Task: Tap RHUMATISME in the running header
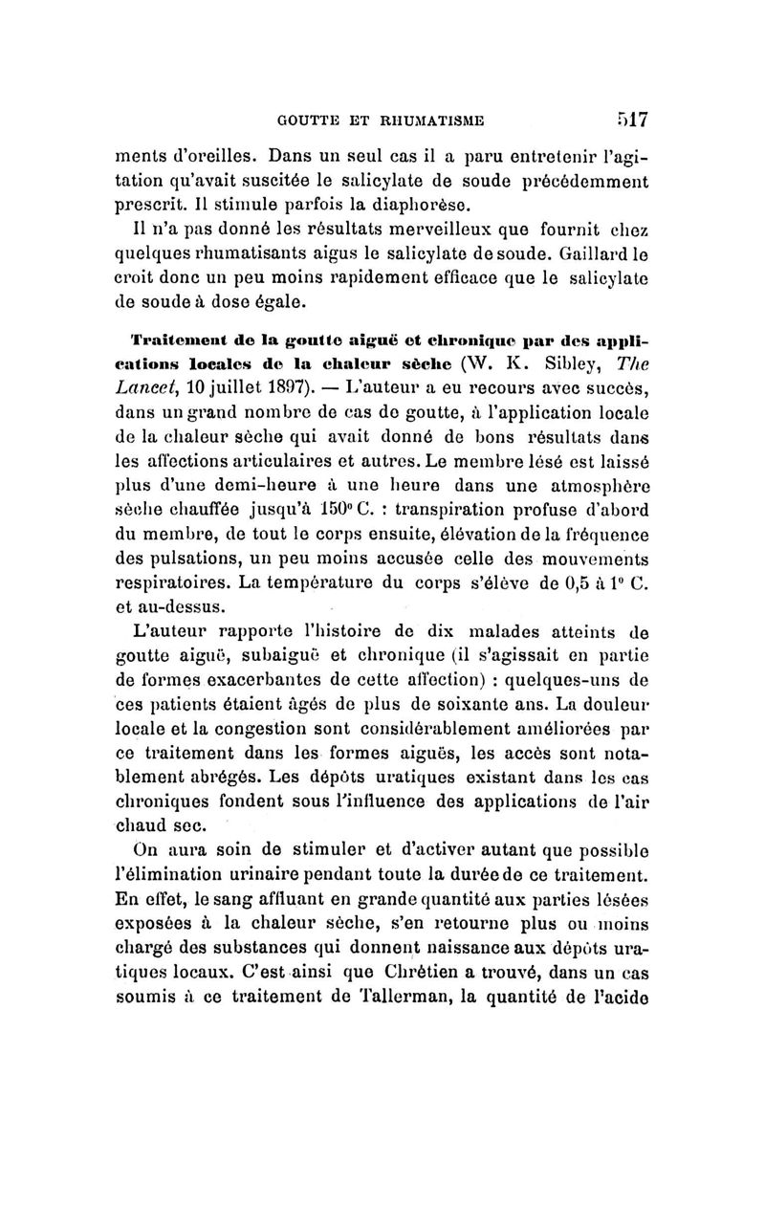tap(428, 121)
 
